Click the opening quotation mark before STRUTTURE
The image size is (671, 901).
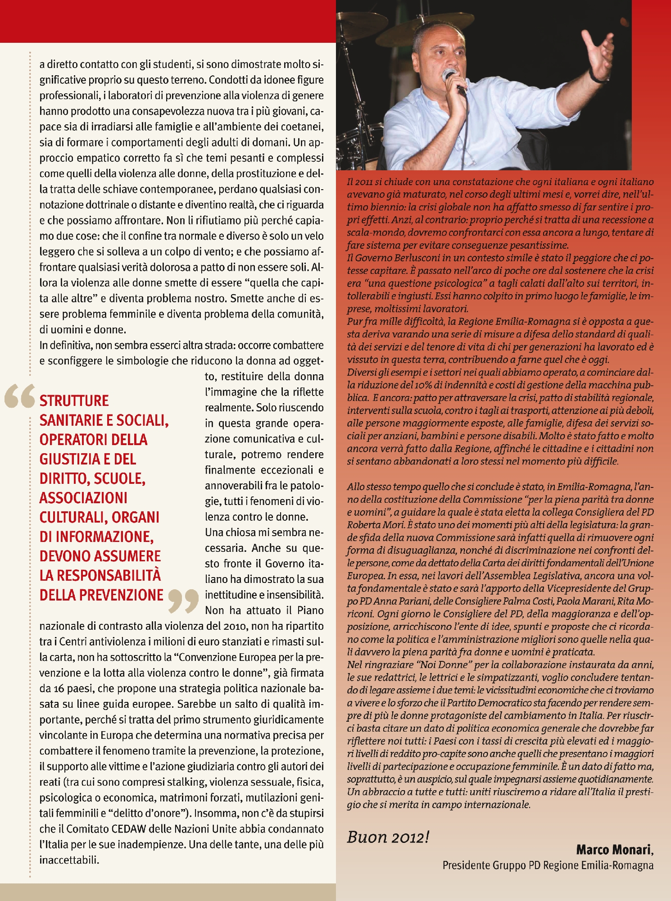pyautogui.click(x=20, y=396)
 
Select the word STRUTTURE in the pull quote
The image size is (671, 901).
pyautogui.click(x=74, y=401)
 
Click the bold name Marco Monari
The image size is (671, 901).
pyautogui.click(x=613, y=850)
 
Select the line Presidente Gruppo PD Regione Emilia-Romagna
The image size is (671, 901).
pyautogui.click(x=548, y=865)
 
